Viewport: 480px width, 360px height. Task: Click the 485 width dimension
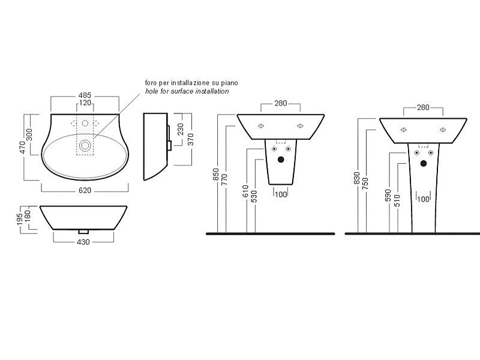coord(85,95)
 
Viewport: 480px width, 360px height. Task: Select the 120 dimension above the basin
coord(85,103)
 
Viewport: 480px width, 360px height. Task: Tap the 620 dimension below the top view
coord(85,190)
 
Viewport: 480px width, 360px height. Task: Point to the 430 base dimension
coord(83,242)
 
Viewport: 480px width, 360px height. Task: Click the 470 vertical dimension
coord(22,148)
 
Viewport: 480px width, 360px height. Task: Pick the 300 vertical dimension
coord(29,134)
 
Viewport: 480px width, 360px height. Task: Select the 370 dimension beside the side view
coord(190,140)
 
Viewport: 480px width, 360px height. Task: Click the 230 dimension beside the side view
coord(181,129)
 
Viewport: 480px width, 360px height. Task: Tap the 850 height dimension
coord(216,174)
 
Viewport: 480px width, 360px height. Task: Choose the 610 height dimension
coord(245,191)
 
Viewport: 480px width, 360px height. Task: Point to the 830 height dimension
coord(356,178)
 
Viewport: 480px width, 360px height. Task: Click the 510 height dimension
coord(397,201)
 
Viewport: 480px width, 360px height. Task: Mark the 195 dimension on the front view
coord(20,220)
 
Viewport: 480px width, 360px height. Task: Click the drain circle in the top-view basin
coord(85,145)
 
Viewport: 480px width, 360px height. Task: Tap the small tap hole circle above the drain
coord(85,123)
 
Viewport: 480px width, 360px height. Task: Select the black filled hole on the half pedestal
coord(281,159)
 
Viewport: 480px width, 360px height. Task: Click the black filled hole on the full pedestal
coord(424,163)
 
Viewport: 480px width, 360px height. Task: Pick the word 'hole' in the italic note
coord(151,91)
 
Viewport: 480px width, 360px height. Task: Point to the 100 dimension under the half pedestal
coord(281,194)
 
